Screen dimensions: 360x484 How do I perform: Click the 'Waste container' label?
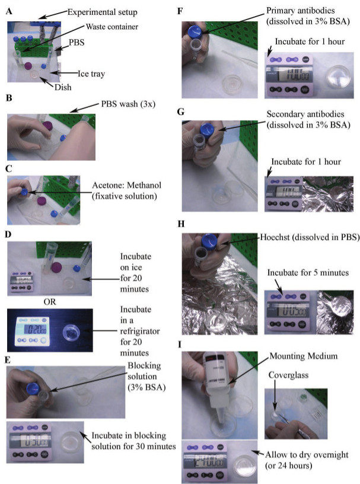click(111, 27)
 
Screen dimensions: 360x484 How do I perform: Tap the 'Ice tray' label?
click(91, 74)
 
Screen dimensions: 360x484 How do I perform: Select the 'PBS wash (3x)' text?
click(128, 104)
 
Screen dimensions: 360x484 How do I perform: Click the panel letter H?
click(181, 224)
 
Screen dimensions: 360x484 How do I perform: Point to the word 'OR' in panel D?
click(50, 302)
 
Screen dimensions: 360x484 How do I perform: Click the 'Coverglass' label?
click(288, 375)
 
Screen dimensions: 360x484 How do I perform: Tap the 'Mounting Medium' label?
click(304, 356)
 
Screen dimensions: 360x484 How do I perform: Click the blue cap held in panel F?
click(195, 32)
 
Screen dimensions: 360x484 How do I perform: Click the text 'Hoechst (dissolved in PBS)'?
click(310, 237)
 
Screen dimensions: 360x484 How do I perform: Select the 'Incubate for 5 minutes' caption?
click(308, 273)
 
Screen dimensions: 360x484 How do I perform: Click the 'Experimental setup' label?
click(103, 12)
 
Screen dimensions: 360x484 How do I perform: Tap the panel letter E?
click(8, 360)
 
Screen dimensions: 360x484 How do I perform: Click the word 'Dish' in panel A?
click(63, 87)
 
